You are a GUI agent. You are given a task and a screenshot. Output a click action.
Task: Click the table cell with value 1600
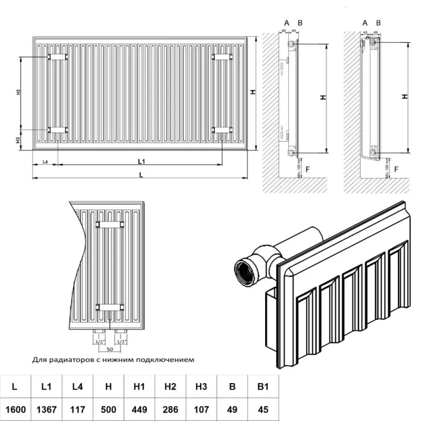point(15,409)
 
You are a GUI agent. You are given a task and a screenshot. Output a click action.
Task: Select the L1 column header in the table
point(46,386)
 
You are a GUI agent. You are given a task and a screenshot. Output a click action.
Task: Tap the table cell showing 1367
point(46,409)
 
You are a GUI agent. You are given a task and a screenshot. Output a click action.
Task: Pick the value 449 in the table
point(139,409)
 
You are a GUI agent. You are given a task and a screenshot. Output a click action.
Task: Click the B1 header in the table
point(263,386)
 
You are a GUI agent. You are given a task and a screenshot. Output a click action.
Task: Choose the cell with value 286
point(170,409)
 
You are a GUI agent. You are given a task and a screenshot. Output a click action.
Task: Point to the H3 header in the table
point(201,386)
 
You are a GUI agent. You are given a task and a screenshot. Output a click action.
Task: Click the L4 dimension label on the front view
point(45,161)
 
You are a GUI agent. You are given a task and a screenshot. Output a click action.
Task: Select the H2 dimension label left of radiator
point(18,92)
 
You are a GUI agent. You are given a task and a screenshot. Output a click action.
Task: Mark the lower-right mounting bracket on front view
point(222,130)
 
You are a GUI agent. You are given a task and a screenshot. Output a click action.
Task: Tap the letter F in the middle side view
point(307,168)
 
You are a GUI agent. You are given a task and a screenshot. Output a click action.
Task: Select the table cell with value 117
point(77,409)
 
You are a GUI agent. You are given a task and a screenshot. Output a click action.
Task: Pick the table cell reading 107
point(201,409)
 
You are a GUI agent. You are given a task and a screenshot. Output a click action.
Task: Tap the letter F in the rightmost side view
point(396,168)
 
